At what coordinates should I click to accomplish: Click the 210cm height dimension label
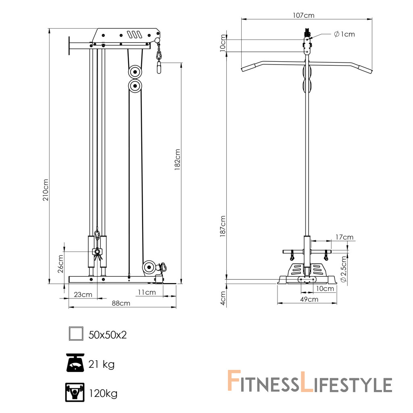tap(46, 190)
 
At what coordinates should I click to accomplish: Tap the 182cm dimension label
tap(177, 160)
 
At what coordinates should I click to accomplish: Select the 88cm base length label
tap(121, 303)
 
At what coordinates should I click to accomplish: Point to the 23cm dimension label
tap(83, 294)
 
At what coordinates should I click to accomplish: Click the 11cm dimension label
tap(147, 292)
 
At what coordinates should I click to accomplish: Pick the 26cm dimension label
tap(60, 264)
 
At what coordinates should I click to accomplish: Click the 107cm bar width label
tap(303, 15)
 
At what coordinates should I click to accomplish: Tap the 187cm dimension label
tap(223, 226)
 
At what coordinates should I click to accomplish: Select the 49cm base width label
tap(309, 299)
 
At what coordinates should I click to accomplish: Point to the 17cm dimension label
tap(344, 237)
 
